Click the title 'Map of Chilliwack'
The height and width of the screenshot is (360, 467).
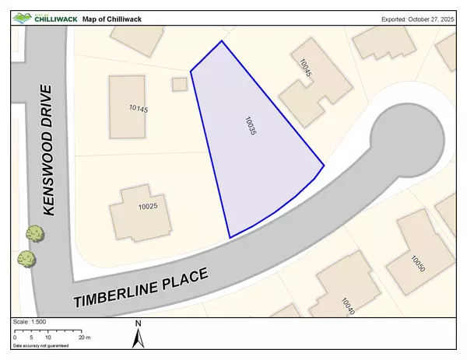pyautogui.click(x=116, y=18)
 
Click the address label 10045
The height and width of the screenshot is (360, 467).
pyautogui.click(x=307, y=68)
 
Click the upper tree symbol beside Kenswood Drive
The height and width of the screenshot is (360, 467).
pyautogui.click(x=33, y=232)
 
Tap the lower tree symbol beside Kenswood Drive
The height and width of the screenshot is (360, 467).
pyautogui.click(x=26, y=257)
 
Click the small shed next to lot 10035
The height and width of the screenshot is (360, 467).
pyautogui.click(x=180, y=83)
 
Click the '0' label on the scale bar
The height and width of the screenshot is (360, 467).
pyautogui.click(x=15, y=337)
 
